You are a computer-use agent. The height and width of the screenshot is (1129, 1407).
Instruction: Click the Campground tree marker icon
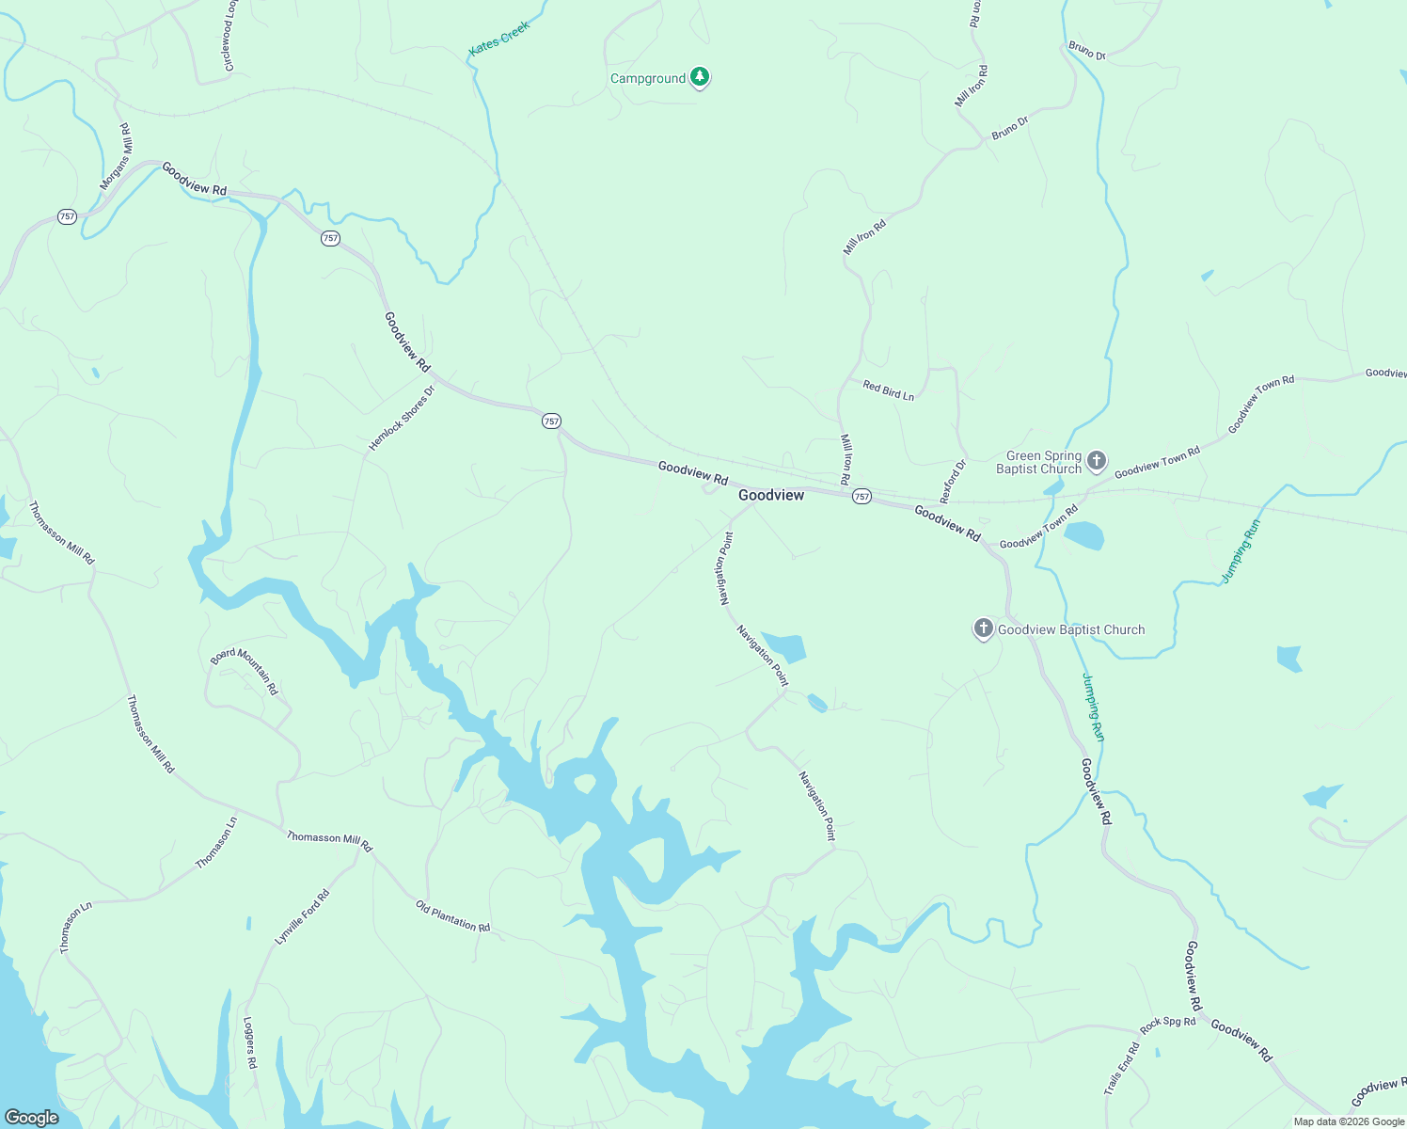click(x=699, y=77)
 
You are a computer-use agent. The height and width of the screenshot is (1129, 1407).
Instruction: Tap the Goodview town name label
click(x=771, y=495)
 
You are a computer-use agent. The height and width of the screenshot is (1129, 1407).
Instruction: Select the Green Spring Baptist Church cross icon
click(x=1096, y=461)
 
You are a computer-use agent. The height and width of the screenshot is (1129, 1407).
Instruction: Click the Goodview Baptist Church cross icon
click(x=983, y=628)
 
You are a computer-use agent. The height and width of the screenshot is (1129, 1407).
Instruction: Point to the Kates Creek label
click(x=499, y=38)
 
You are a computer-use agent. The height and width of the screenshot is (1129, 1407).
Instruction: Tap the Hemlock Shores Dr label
click(x=402, y=418)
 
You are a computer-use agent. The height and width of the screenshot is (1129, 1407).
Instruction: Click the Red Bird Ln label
click(x=888, y=390)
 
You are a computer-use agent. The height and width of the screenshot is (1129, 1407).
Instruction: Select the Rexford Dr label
click(x=953, y=481)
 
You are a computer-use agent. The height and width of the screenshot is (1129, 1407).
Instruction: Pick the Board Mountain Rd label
click(x=245, y=670)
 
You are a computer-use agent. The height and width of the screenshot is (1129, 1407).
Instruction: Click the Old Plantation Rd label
click(x=452, y=915)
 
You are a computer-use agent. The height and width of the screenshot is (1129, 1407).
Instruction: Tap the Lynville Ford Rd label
click(x=302, y=917)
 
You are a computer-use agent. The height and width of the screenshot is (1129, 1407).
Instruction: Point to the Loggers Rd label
click(x=249, y=1042)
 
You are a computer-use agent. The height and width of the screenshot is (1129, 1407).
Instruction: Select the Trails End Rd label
click(x=1121, y=1069)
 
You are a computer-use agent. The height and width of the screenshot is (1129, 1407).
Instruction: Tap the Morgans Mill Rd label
click(x=118, y=156)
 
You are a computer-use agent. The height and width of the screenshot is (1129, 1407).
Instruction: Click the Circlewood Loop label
click(x=229, y=36)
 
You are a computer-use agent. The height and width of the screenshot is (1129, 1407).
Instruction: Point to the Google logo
click(x=32, y=1118)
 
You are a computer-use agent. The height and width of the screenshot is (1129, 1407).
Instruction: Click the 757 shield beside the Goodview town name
click(x=862, y=496)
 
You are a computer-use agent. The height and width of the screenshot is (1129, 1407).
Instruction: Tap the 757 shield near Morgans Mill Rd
click(x=67, y=216)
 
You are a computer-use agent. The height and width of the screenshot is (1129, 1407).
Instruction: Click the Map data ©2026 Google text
click(x=1348, y=1121)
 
